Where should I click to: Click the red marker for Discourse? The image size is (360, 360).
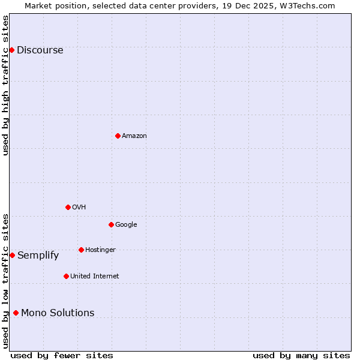[11, 50]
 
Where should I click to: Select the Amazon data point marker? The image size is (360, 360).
[118, 136]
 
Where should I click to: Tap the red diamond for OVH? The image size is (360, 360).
[68, 207]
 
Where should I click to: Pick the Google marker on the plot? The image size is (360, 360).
[111, 224]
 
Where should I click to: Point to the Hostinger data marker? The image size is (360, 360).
[81, 250]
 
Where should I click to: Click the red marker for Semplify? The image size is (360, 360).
[12, 255]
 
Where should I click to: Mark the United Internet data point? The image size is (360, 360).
[66, 276]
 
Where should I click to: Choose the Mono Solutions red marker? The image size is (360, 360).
[16, 313]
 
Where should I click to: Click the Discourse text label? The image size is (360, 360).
[40, 50]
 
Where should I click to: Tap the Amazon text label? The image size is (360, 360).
[134, 136]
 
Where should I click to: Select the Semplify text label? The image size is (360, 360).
[38, 256]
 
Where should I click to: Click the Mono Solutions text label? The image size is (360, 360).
[58, 313]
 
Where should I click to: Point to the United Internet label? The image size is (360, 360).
[94, 277]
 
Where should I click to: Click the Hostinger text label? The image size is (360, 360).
[100, 250]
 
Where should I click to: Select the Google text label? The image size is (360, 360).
[126, 225]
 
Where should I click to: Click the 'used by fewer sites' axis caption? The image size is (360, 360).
[62, 355]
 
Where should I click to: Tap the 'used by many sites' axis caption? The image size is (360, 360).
[301, 355]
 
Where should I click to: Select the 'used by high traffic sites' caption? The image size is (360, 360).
[5, 85]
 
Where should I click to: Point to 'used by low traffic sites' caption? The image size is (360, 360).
[5, 280]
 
